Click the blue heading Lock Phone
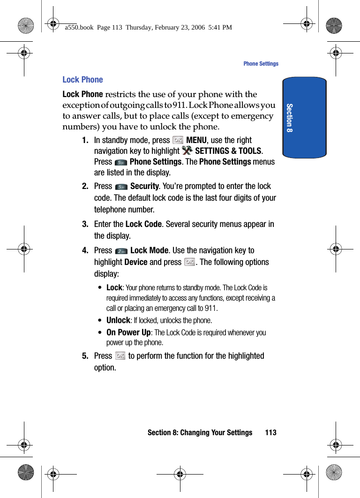82,80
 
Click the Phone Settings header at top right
261,64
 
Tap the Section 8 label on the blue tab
290,118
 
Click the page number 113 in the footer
270,432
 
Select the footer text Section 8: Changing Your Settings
200,432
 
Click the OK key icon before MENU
178,140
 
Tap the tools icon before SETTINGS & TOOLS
187,151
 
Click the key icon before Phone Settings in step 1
121,162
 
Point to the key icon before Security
121,187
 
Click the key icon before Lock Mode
121,251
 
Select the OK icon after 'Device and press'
190,262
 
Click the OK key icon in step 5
120,356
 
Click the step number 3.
85,224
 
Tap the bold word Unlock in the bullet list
118,320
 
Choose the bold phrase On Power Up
128,332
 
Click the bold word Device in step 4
136,262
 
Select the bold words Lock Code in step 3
143,224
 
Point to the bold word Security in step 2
144,186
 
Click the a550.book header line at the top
149,28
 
